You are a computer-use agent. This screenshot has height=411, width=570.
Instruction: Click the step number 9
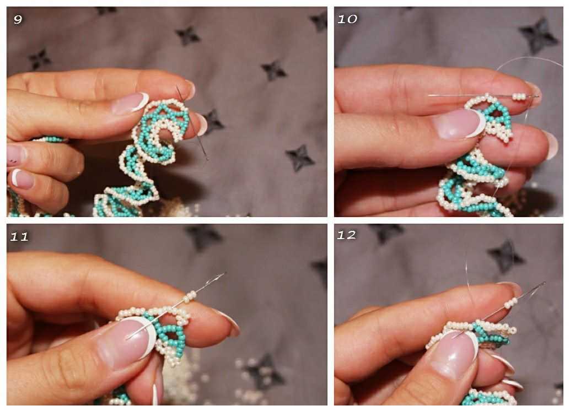click(18, 19)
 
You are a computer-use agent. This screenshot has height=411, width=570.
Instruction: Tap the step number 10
click(347, 19)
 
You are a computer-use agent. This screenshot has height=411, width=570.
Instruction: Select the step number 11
click(19, 237)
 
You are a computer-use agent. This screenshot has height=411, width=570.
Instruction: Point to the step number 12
click(346, 235)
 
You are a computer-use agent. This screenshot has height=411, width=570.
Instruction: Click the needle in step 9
click(192, 122)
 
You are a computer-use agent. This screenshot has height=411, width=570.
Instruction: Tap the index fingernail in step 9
click(131, 103)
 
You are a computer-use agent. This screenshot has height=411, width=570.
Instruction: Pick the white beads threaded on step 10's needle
click(519, 96)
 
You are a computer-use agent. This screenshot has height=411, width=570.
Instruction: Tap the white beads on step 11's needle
click(190, 296)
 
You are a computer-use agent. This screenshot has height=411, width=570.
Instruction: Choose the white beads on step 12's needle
click(511, 302)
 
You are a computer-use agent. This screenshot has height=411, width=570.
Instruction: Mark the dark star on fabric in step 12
click(506, 256)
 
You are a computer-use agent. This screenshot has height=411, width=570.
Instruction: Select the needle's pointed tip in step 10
click(429, 95)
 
